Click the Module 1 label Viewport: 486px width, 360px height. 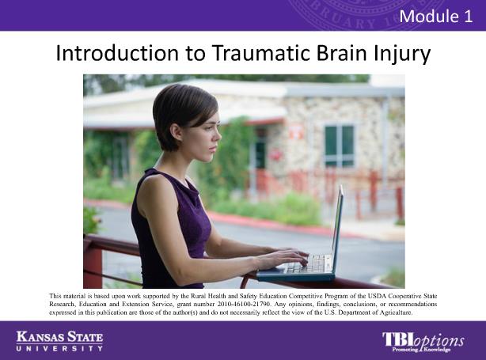[436, 16]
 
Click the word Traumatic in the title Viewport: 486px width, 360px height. [261, 53]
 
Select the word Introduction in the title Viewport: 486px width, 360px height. [117, 53]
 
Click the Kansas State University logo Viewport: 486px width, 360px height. [59, 341]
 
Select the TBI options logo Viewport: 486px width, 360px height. [423, 342]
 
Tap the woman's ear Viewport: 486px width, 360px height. [177, 131]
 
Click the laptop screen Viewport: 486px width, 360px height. [337, 229]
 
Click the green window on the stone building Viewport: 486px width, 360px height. [339, 145]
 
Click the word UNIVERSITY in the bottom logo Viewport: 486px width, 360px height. [59, 349]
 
